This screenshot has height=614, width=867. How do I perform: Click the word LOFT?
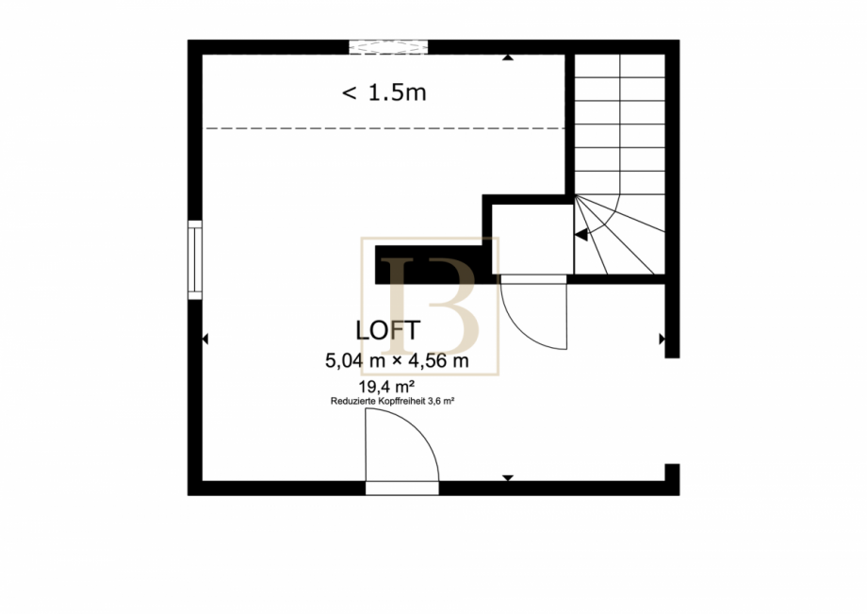tap(387, 330)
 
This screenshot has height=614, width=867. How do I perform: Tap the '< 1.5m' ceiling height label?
tap(384, 91)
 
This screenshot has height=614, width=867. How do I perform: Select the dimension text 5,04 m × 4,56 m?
tap(397, 360)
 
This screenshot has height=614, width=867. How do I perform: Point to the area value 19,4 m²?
tap(386, 386)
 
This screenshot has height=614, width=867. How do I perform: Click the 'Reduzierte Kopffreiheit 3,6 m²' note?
tap(392, 401)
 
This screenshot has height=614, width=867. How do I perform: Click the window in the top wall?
tap(388, 47)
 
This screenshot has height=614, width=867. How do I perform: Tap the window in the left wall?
tap(195, 260)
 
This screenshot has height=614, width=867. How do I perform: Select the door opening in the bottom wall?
tap(402, 488)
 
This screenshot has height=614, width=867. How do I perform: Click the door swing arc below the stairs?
tap(525, 326)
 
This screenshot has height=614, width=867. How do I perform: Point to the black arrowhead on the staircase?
tap(581, 235)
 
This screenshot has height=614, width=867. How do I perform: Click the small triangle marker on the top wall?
tap(508, 57)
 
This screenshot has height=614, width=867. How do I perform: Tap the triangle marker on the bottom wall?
tap(508, 478)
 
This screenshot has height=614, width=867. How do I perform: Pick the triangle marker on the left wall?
tap(205, 339)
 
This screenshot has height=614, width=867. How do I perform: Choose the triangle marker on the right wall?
tap(662, 339)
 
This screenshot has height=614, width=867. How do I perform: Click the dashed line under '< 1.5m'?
tap(385, 128)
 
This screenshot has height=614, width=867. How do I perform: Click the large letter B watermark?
tap(433, 306)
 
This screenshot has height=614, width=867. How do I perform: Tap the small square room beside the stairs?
tap(532, 239)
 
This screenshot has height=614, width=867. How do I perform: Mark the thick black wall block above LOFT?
tap(434, 265)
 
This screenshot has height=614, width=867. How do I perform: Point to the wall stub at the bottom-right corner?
tap(672, 479)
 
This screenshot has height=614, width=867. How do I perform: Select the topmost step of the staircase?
tap(620, 66)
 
